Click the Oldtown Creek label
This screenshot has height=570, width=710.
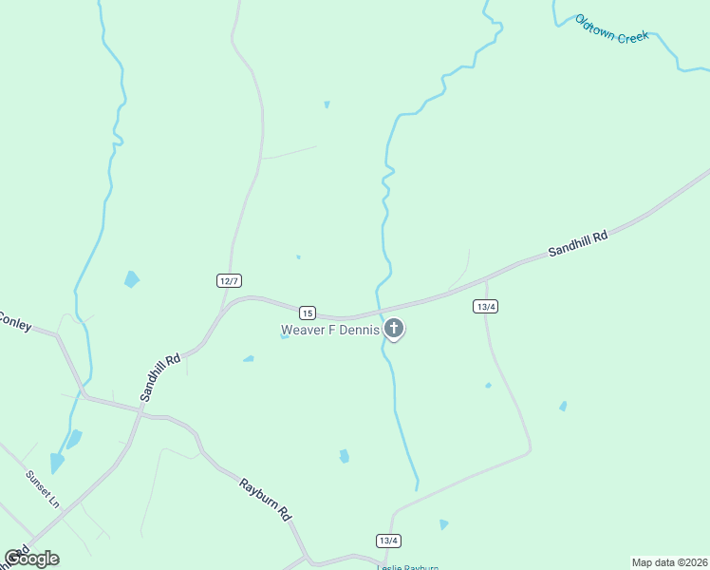point(612,28)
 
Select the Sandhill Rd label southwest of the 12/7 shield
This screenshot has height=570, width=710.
point(160,377)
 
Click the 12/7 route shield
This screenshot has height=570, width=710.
point(229,280)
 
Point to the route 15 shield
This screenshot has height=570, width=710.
point(307,313)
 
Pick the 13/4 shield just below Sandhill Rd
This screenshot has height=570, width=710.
point(486,306)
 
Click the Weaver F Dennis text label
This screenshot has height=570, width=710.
point(329,331)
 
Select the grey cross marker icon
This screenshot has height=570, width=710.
point(394,330)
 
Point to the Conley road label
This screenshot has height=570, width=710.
point(14,320)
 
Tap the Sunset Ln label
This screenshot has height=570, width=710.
point(43,488)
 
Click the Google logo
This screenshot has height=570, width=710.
point(31,559)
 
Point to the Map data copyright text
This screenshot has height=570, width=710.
point(670,562)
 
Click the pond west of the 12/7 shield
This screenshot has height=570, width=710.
point(131,279)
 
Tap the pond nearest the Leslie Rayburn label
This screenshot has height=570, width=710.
point(443,524)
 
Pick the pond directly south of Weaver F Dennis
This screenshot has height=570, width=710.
point(344,456)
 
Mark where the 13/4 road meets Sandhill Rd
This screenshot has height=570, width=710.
point(486,280)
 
